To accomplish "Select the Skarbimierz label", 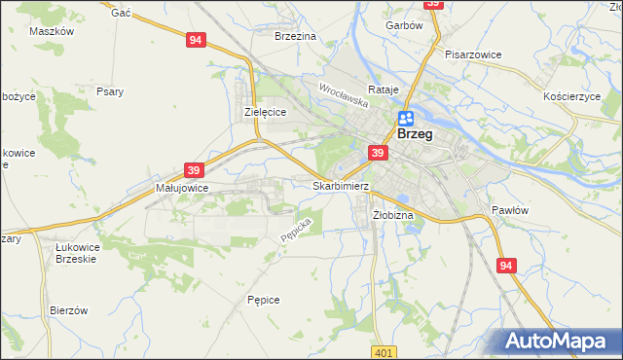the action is [x=340, y=185].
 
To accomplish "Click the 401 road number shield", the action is [x=384, y=351].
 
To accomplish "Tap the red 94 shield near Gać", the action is [x=197, y=40].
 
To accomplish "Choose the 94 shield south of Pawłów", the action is [x=505, y=266].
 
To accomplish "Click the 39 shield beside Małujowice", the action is [x=193, y=169].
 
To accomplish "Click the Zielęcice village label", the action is [x=264, y=112].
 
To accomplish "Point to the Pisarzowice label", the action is [x=472, y=54].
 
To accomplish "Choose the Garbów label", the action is [x=404, y=26].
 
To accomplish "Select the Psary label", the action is [x=109, y=92].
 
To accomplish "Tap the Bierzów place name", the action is [x=69, y=310].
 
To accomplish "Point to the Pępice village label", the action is [x=264, y=300].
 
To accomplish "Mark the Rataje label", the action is [x=385, y=90].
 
